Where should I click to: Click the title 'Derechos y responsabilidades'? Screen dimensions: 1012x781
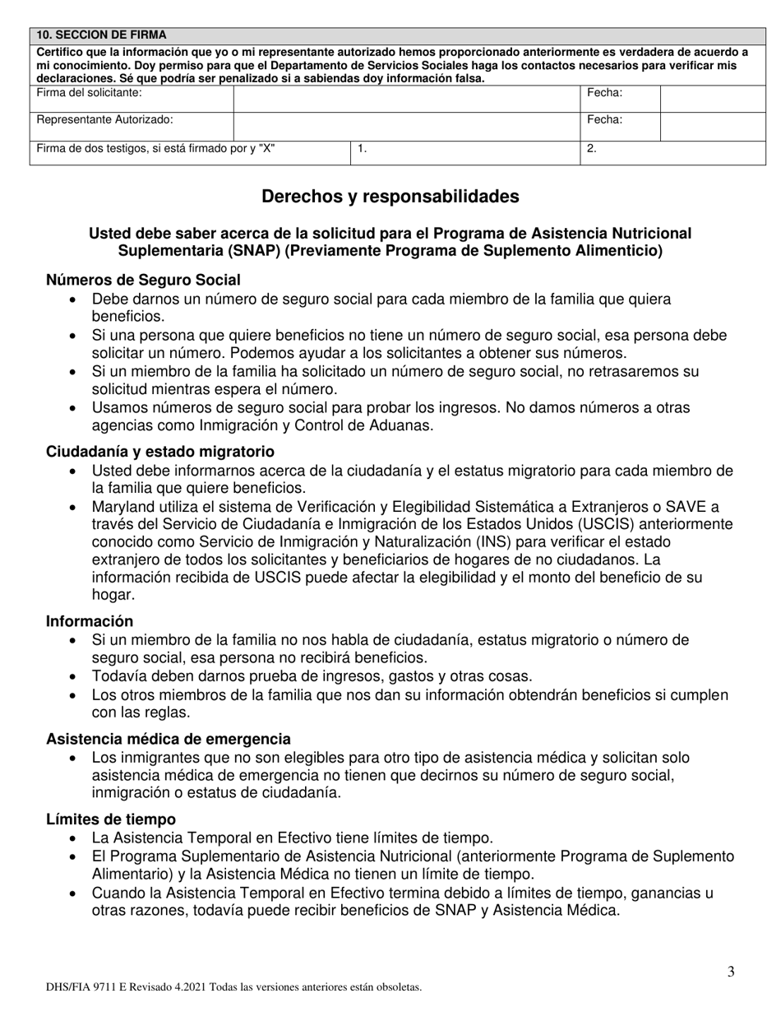point(390,197)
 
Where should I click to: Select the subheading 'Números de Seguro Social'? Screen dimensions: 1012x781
point(143,281)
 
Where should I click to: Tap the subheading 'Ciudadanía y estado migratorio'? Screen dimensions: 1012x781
point(160,452)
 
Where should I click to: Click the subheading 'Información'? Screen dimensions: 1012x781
point(90,621)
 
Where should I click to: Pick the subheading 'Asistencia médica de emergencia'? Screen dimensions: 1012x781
point(168,739)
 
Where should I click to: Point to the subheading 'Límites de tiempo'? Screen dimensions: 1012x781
point(110,819)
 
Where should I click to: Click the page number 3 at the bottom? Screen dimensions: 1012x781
point(731,973)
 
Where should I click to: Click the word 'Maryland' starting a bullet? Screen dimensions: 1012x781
point(121,506)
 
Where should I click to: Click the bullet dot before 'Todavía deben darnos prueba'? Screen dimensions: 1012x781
point(75,677)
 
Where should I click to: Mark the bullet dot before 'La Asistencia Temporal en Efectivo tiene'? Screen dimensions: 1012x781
point(75,839)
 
